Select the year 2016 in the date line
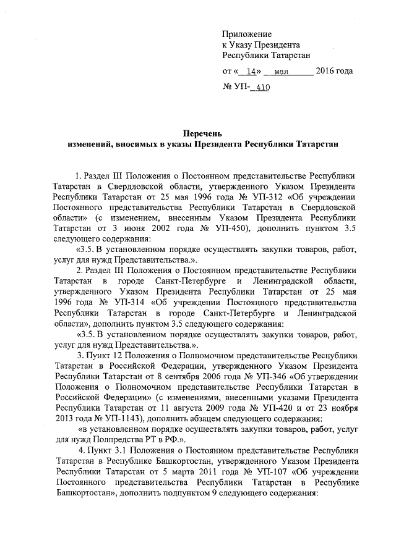click(325, 71)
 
